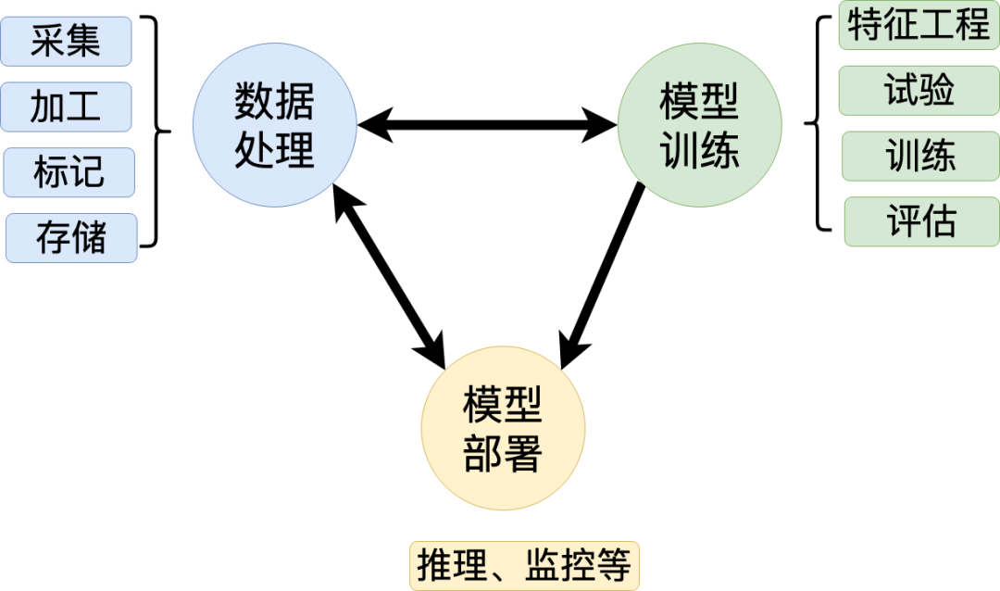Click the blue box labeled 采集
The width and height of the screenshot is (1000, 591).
(66, 42)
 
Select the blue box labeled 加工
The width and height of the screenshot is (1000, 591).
(66, 107)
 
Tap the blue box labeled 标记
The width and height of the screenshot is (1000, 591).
(69, 172)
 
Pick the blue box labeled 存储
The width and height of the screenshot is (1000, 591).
(71, 238)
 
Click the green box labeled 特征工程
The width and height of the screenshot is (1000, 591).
(919, 25)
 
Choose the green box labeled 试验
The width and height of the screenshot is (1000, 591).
(919, 91)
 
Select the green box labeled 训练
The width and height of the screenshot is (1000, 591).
(920, 157)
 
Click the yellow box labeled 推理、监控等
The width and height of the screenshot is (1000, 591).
(525, 564)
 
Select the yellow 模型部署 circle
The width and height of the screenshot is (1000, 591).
(503, 428)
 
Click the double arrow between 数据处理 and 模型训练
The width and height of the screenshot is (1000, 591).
(487, 124)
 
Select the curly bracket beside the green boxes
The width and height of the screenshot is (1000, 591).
(817, 124)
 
